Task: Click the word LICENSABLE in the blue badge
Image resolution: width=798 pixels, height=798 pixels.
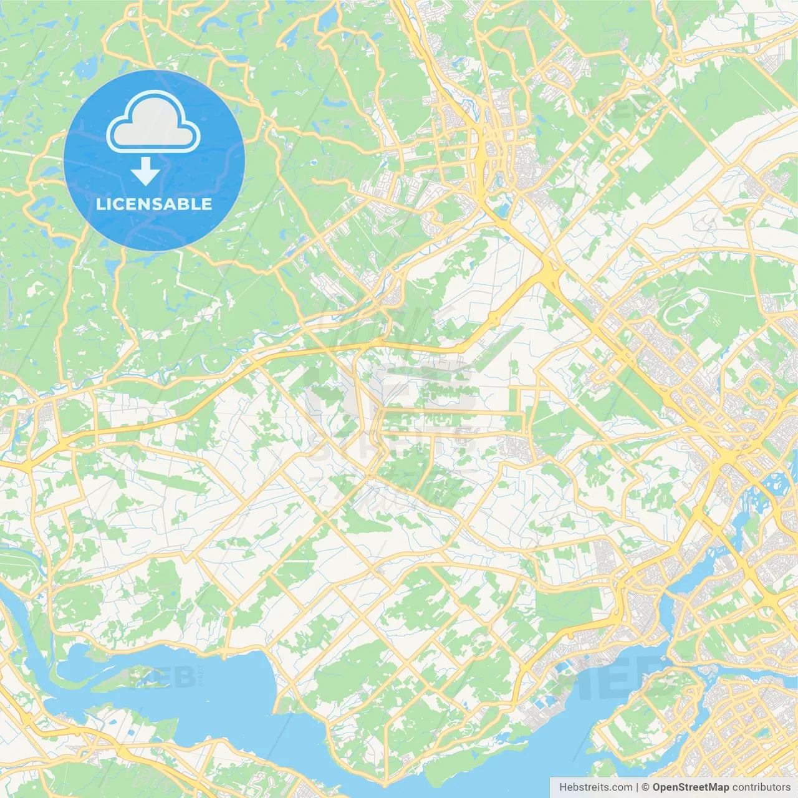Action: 154,204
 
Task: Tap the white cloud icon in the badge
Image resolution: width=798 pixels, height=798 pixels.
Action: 153,123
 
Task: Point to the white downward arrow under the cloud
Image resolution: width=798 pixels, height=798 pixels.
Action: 145,171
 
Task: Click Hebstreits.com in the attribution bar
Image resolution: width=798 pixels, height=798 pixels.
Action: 595,787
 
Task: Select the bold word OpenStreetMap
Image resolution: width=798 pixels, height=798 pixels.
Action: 690,787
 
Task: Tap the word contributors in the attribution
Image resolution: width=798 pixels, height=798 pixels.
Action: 761,787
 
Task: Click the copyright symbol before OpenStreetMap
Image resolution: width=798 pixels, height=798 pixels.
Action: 645,787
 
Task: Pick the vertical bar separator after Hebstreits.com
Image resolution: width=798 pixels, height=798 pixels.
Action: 637,787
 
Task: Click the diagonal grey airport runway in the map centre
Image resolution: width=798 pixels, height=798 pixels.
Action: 493,349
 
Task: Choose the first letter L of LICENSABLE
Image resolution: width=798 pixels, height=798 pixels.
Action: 100,204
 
